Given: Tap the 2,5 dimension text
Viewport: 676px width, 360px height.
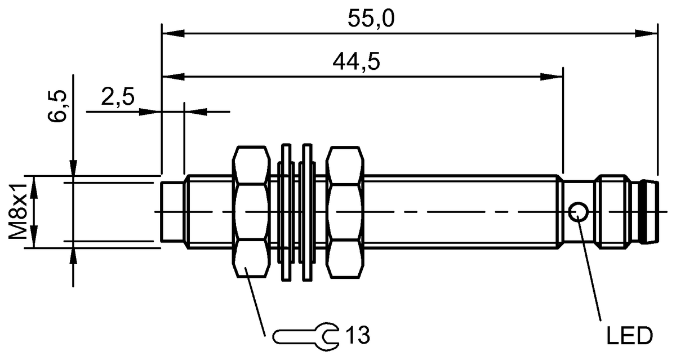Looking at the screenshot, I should tap(118, 97).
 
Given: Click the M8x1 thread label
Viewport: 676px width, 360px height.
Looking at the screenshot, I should tap(20, 212).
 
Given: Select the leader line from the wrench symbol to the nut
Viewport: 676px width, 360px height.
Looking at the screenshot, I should tap(256, 304).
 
